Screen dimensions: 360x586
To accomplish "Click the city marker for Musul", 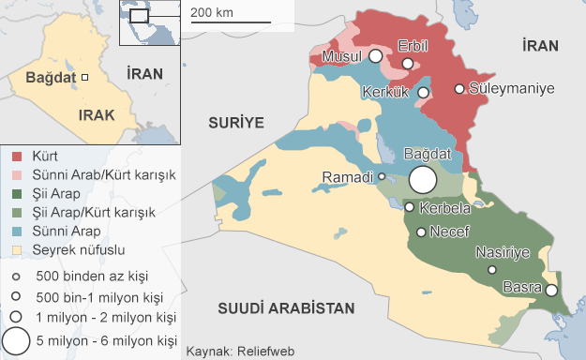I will click(x=375, y=56).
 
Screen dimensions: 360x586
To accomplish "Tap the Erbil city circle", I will click(x=408, y=64).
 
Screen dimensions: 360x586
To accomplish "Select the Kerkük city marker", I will click(x=424, y=93).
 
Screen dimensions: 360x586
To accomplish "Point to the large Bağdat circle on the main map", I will click(x=423, y=180).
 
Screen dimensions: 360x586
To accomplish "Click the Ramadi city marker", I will click(x=382, y=176).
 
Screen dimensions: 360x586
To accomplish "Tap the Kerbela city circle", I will click(x=409, y=207).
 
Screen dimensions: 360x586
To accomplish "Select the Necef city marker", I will click(x=421, y=232).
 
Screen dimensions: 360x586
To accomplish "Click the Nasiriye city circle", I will click(x=493, y=270).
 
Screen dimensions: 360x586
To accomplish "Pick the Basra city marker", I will click(x=551, y=291).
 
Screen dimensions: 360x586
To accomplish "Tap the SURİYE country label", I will click(x=234, y=122).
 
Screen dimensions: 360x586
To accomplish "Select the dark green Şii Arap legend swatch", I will click(x=16, y=194).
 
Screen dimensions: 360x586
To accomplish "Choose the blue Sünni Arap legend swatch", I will click(x=16, y=232).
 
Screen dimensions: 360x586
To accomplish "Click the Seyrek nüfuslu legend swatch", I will click(x=16, y=250).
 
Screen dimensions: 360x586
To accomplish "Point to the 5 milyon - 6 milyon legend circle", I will click(x=16, y=340).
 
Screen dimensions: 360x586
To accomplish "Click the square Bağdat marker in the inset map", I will click(x=83, y=77).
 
